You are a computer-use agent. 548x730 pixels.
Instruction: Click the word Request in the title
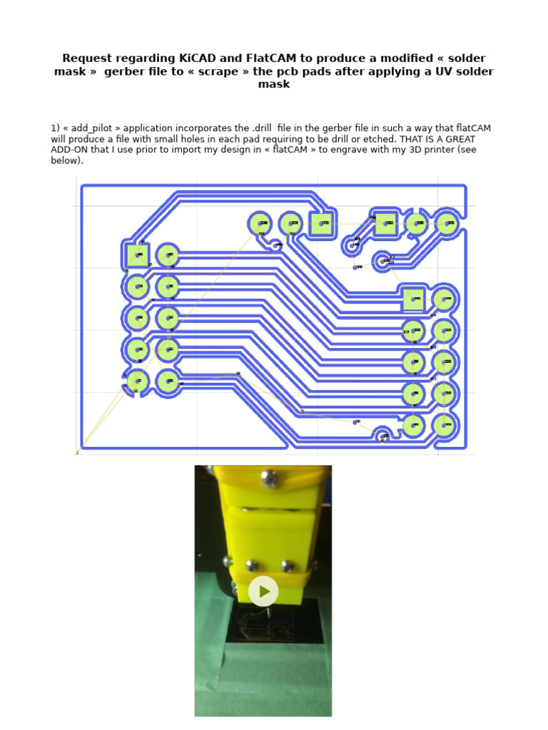[88, 58]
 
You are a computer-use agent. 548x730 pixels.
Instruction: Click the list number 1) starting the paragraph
[55, 128]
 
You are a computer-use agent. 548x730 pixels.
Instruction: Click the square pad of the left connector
[138, 255]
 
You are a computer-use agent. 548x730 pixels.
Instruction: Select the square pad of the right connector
[413, 299]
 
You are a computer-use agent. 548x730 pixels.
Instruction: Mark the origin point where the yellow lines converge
[78, 451]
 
